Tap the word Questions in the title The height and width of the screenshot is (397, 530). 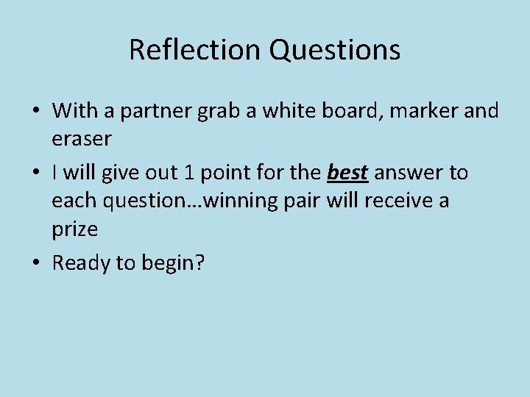334,50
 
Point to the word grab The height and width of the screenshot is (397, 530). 210,112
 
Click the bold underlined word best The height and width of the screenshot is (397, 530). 347,173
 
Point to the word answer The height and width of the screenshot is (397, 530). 408,173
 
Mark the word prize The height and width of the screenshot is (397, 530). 74,229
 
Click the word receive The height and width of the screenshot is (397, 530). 393,201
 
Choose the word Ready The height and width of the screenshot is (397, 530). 81,263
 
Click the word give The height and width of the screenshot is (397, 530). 119,173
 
